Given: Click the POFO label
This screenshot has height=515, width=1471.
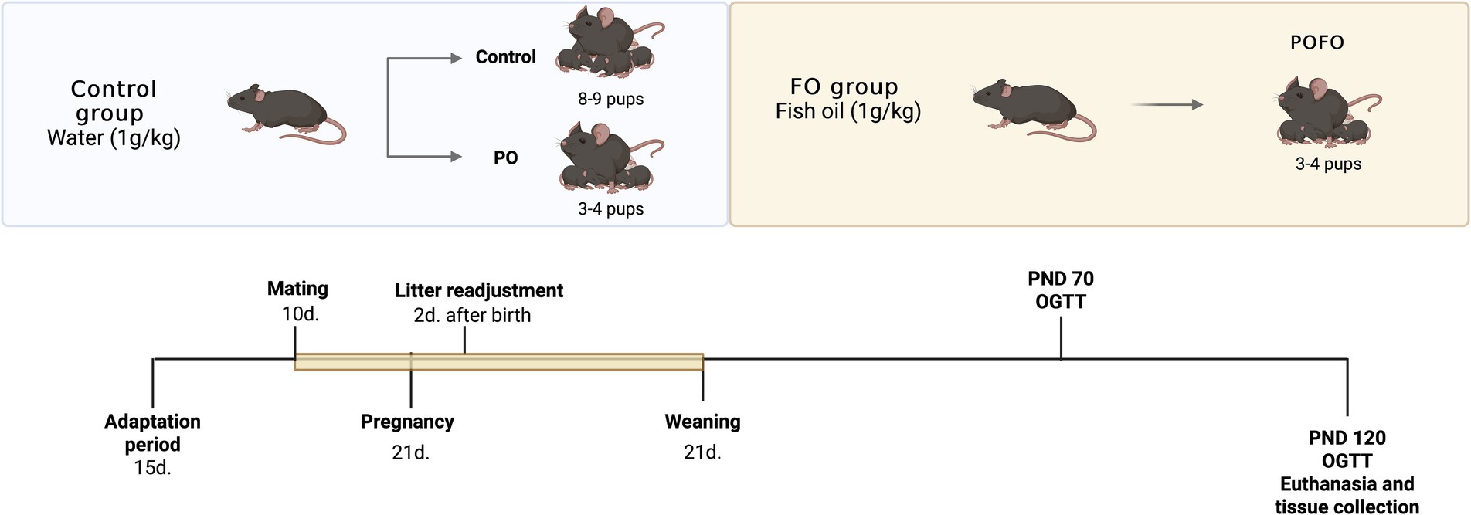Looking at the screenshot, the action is coord(1316,42).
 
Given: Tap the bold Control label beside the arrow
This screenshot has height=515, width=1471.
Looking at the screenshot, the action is coord(505,57).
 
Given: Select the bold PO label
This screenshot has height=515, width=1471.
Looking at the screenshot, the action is coord(505,158).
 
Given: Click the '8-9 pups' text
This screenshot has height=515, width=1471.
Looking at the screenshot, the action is coord(610,99).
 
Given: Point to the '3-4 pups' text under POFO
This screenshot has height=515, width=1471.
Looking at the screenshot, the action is coord(1328,164).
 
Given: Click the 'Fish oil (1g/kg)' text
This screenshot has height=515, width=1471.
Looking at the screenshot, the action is coord(848,111).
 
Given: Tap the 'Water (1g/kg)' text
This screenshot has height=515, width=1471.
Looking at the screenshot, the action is coord(114,138).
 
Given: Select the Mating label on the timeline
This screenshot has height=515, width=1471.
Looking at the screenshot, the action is coord(297,289).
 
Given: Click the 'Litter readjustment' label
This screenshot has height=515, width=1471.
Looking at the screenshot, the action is coord(479,291).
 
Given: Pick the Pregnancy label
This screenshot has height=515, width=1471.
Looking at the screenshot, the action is coord(407,422).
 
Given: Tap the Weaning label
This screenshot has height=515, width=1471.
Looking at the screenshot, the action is coord(702,422).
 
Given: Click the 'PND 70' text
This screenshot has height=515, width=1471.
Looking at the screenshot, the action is coord(1060,279).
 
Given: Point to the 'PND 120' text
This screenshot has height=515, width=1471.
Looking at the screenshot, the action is coord(1347,438).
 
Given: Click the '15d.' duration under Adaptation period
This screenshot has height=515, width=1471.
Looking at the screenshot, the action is coord(152,468).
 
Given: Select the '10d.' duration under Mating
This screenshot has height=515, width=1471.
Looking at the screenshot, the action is coord(301,314).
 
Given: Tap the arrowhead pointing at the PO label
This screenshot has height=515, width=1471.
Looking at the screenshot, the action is coord(456,157).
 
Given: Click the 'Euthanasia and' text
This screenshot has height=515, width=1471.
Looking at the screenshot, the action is coord(1347,484).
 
